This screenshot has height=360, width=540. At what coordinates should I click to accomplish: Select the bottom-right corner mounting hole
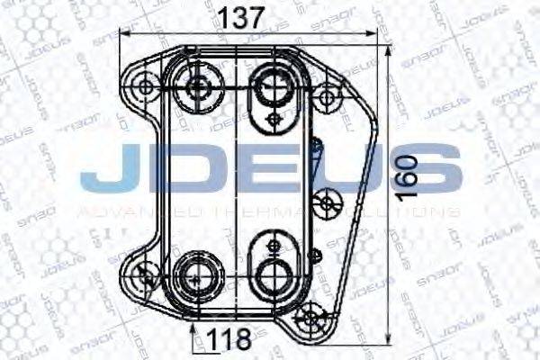(x=312, y=316)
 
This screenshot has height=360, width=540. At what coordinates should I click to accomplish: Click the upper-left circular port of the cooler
(x=198, y=87)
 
